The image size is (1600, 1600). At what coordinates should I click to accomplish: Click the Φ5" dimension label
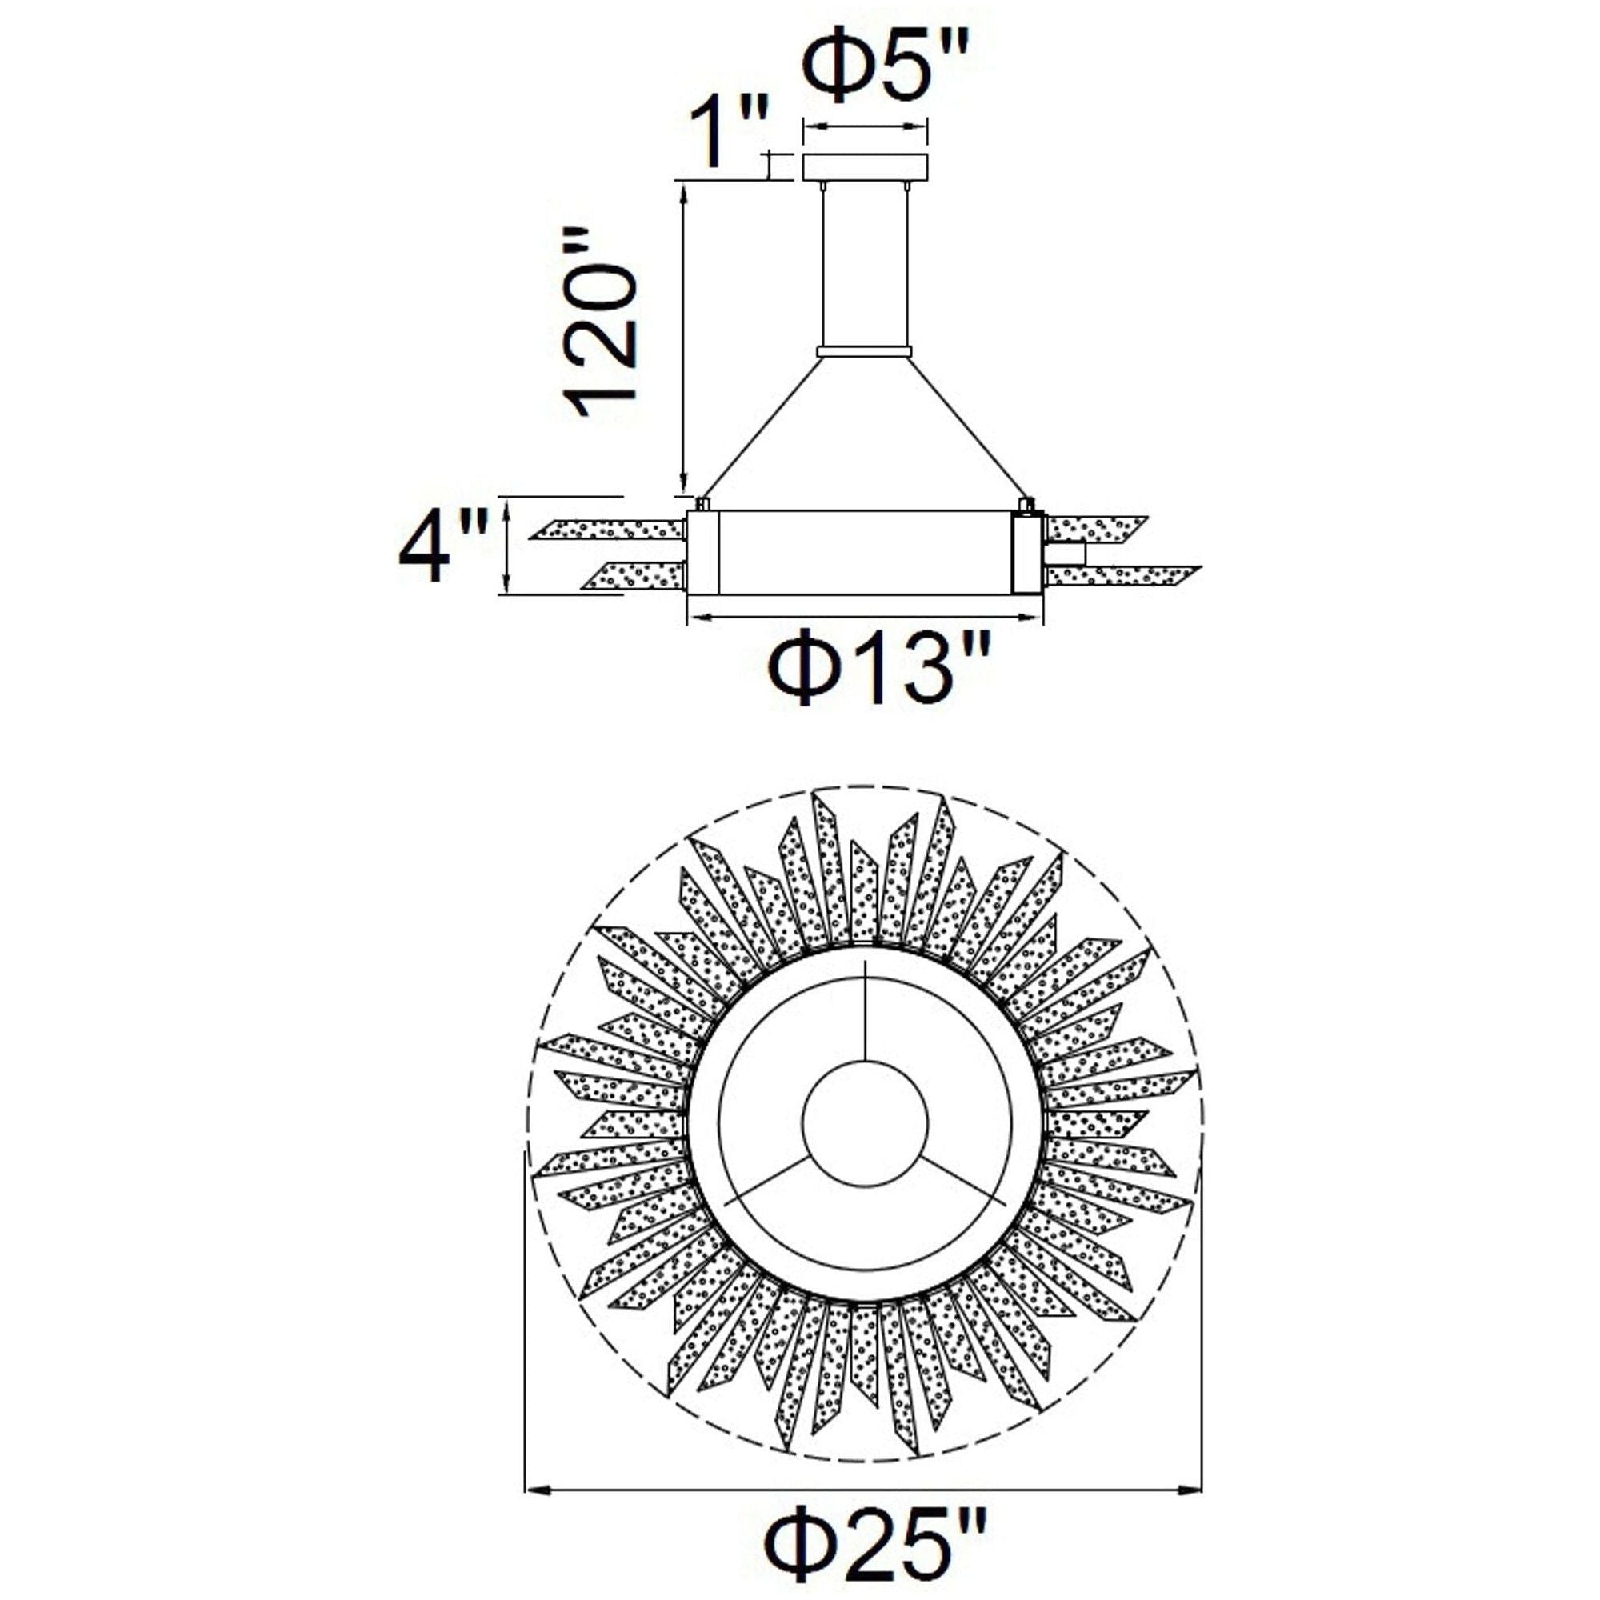886,66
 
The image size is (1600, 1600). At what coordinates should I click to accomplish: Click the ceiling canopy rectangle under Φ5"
866,166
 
